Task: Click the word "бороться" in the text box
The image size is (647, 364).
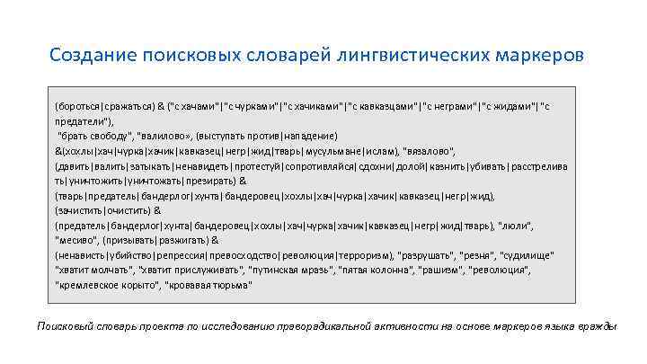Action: pos(78,106)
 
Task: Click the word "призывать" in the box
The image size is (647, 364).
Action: pos(137,241)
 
